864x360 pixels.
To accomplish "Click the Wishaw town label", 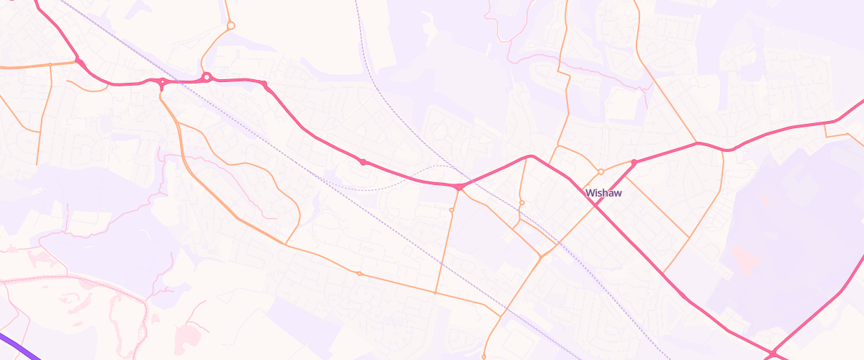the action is pyautogui.click(x=603, y=193).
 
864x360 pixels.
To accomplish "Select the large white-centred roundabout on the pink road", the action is pyautogui.click(x=207, y=77).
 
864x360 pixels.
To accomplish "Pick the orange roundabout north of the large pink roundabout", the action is pyautogui.click(x=230, y=25).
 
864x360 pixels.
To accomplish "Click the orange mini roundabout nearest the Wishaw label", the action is pyautogui.click(x=600, y=171).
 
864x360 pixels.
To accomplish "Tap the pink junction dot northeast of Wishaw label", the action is pyautogui.click(x=634, y=163).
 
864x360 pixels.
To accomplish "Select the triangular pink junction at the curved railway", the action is pyautogui.click(x=459, y=187).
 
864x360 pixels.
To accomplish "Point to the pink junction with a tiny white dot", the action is pyautogui.click(x=162, y=82).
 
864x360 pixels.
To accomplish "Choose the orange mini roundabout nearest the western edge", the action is pyautogui.click(x=359, y=274).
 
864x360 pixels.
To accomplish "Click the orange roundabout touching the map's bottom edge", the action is pyautogui.click(x=483, y=357).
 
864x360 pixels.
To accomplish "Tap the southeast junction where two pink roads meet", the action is pyautogui.click(x=773, y=354).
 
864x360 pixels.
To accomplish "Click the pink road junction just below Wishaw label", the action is pyautogui.click(x=595, y=204).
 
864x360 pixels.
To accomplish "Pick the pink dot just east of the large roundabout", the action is pyautogui.click(x=264, y=85).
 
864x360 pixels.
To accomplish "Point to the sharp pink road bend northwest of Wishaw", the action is pyautogui.click(x=531, y=156).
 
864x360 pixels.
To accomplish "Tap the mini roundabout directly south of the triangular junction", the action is pyautogui.click(x=451, y=210).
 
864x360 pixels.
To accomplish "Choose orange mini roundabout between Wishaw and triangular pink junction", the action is pyautogui.click(x=521, y=202).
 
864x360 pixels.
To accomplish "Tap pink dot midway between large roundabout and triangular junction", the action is pyautogui.click(x=364, y=162).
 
